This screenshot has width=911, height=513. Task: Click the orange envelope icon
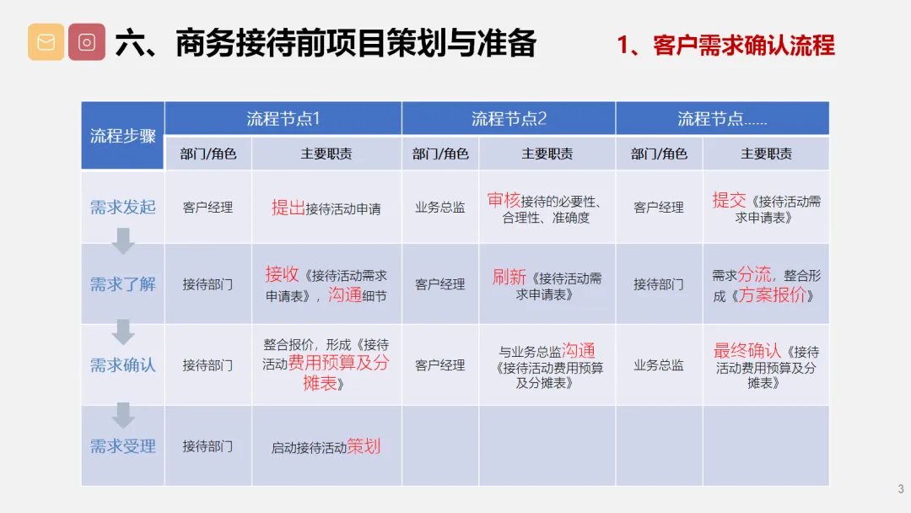[x=46, y=42]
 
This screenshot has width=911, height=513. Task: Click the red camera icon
[x=87, y=42]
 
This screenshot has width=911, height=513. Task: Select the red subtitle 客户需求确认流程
[x=744, y=46]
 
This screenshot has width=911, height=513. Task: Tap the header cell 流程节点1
[x=283, y=118]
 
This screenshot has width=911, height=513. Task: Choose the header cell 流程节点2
[x=509, y=118]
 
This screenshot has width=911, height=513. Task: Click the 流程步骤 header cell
[x=122, y=136]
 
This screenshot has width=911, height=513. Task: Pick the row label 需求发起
[x=122, y=207]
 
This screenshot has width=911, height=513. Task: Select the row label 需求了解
[x=122, y=284]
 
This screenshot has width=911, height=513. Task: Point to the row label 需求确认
[x=122, y=364]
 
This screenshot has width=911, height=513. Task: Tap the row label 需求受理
[x=122, y=446]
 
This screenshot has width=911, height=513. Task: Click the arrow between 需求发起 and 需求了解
[x=122, y=240]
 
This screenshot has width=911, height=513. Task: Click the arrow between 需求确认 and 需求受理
[x=122, y=415]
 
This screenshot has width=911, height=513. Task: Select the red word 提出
[x=288, y=208]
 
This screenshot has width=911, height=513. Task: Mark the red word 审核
[x=504, y=201]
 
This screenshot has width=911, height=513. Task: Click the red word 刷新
[x=509, y=277]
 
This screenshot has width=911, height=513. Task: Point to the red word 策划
[x=364, y=446]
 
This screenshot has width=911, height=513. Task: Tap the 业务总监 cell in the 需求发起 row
[x=439, y=208]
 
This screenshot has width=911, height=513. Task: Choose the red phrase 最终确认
[x=747, y=350]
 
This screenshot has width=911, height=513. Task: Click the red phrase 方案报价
[x=772, y=294]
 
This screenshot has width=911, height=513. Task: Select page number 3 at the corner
[x=901, y=489]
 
